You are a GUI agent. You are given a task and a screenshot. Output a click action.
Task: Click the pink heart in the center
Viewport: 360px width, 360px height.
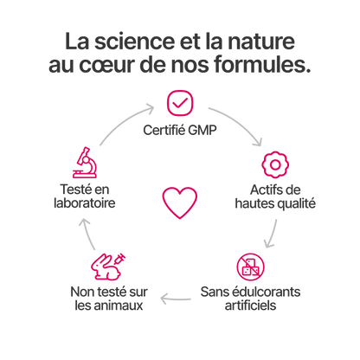[x=180, y=214]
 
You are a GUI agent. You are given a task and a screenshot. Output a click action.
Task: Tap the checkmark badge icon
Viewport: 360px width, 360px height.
[x=180, y=103]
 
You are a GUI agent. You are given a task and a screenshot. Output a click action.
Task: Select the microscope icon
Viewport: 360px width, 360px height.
[x=85, y=163]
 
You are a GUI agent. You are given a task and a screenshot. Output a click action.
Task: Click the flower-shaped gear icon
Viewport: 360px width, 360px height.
[x=275, y=164]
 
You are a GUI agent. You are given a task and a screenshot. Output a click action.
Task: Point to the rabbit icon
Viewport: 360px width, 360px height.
[x=106, y=268]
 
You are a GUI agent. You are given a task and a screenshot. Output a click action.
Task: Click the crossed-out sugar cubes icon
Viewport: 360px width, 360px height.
[x=250, y=267]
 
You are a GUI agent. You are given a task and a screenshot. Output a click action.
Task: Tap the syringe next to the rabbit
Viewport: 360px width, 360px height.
[x=120, y=259]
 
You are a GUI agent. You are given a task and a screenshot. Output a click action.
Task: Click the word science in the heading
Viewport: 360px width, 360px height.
[x=135, y=42]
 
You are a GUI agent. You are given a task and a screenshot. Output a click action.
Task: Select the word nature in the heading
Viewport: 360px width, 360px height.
[x=261, y=42]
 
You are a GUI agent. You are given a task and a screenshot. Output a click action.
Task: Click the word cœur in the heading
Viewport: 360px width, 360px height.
[x=107, y=64]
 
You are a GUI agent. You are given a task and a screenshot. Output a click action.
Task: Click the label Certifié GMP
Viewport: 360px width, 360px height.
[x=180, y=130]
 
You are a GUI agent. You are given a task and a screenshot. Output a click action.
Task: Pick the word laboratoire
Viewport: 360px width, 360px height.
[x=85, y=202]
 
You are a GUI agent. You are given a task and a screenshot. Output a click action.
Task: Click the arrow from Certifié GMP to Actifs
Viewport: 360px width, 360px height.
[x=240, y=123]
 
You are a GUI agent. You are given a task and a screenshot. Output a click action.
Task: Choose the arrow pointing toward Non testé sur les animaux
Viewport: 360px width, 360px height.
[x=176, y=299]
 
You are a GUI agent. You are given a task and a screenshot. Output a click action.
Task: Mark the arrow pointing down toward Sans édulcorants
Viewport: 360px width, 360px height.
[x=272, y=235]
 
